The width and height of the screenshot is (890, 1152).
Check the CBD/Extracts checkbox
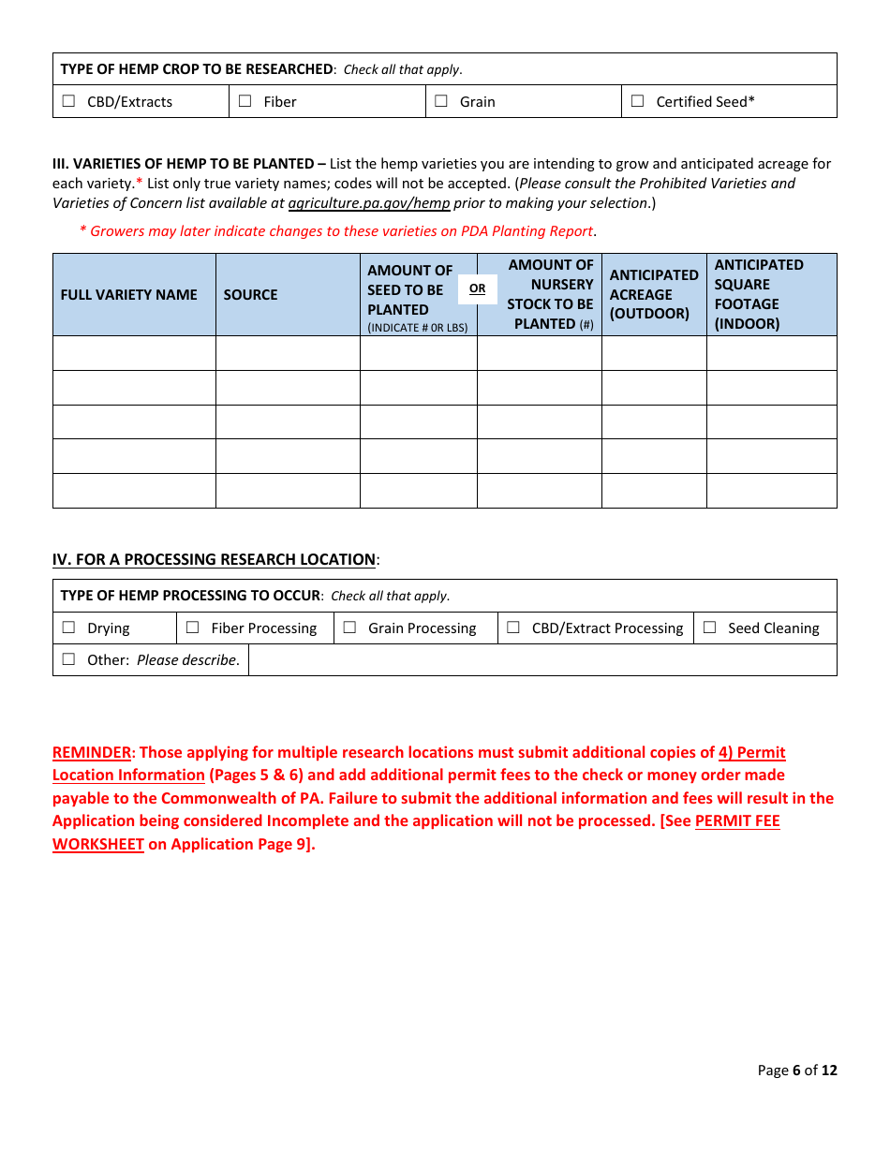tap(68, 102)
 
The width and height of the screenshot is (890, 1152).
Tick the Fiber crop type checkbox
tap(245, 102)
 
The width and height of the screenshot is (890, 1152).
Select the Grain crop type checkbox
tap(441, 102)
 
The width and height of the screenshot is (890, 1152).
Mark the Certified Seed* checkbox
tap(638, 102)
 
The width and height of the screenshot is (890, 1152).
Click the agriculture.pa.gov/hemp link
tap(369, 203)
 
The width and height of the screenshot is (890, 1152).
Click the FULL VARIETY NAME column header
tap(129, 295)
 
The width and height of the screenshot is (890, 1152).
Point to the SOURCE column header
tap(250, 295)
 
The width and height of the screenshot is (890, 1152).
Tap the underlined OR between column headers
tap(478, 288)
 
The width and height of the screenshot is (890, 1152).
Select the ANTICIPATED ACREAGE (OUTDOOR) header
tap(654, 294)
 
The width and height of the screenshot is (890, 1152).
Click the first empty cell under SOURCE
tap(288, 353)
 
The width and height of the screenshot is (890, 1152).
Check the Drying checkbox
tap(68, 628)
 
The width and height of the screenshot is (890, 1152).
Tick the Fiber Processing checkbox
tap(193, 628)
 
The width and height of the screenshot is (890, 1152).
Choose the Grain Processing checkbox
tap(349, 628)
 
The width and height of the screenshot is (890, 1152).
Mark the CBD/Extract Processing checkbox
tap(513, 628)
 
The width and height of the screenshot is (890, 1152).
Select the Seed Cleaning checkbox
tap(709, 628)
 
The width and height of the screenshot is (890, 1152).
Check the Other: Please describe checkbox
tap(68, 660)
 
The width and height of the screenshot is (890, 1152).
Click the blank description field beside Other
tap(541, 660)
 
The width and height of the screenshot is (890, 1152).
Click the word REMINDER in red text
tap(92, 753)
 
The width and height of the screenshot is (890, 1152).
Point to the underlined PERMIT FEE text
tap(737, 821)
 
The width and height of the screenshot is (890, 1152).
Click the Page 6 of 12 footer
tap(796, 1071)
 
